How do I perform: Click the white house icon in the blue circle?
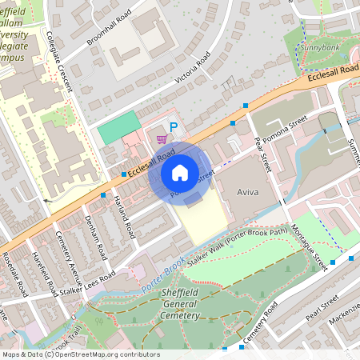click(180, 172)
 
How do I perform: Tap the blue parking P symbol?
click(174, 126)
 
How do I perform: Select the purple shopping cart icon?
click(162, 139)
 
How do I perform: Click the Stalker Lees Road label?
click(86, 282)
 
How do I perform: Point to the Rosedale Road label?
click(14, 261)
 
